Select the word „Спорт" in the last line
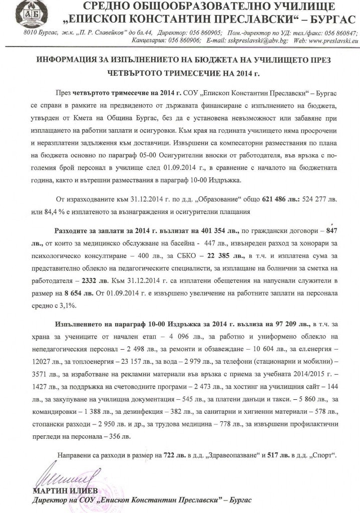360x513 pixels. (323, 457)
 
